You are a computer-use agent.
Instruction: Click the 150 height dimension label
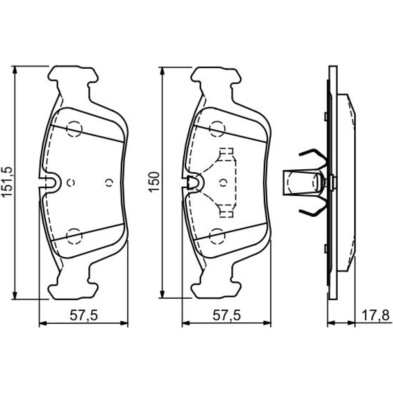tap(154, 182)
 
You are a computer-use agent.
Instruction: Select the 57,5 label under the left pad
tap(83, 315)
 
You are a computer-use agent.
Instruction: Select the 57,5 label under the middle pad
tap(227, 315)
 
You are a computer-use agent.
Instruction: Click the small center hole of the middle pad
tap(223, 183)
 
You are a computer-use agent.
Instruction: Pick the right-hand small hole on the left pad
tap(109, 183)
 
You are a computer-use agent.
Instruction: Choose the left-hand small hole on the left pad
tap(71, 183)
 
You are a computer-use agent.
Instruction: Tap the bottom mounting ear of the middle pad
tap(216, 291)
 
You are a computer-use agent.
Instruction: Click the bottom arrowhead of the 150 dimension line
tap(162, 295)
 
